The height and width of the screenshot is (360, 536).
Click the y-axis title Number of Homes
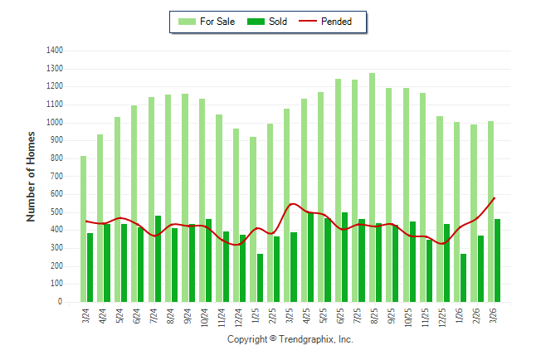[31, 176]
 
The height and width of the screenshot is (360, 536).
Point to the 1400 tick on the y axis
[55, 51]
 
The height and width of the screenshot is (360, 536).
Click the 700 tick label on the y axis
[56, 177]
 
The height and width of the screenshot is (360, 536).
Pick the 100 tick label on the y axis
[56, 285]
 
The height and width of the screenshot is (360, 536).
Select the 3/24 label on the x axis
[86, 316]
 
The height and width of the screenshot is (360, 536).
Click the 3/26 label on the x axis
[495, 316]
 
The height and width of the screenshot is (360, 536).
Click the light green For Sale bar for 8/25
[372, 187]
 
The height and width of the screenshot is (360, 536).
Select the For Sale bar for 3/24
[83, 229]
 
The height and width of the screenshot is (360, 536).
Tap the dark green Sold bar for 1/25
[260, 278]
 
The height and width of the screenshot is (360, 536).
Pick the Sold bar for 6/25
[344, 257]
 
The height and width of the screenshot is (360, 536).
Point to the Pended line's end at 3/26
[495, 197]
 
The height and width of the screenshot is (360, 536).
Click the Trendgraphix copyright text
[290, 339]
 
